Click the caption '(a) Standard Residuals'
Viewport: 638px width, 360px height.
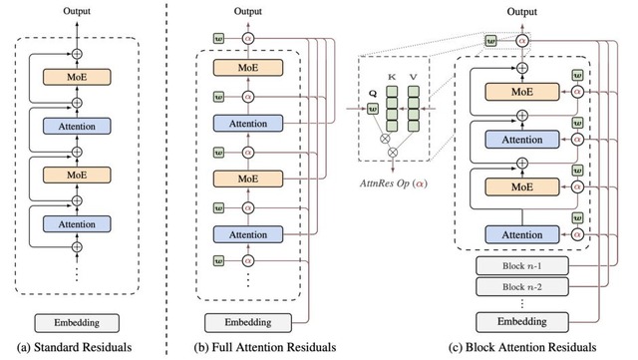tap(75, 348)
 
